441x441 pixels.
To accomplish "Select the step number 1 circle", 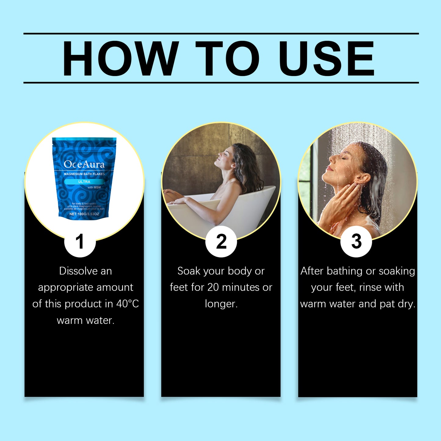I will click(x=80, y=242).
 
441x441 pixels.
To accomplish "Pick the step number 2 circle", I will click(x=221, y=242).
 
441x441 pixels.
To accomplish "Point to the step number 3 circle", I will click(x=356, y=242).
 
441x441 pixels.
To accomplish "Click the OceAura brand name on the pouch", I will click(x=84, y=164).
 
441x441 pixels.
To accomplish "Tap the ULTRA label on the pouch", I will click(x=84, y=182).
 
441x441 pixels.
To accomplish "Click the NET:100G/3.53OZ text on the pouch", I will click(x=84, y=214).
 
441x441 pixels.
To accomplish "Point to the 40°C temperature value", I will click(x=128, y=304).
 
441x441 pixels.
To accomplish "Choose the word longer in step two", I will click(x=221, y=304).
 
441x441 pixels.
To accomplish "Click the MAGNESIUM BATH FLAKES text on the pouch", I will click(x=84, y=174).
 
